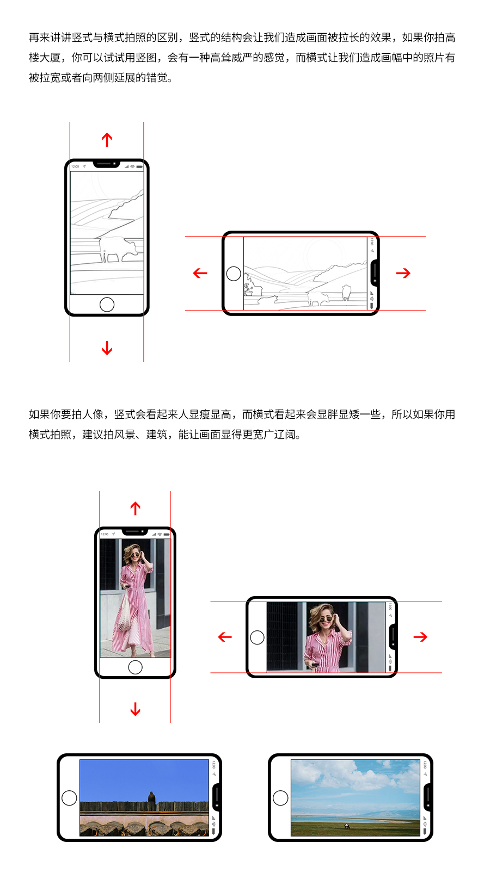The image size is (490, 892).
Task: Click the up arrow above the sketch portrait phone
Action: [x=107, y=140]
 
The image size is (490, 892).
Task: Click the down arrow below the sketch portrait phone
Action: [x=107, y=348]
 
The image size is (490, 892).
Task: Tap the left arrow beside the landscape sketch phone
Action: [x=200, y=273]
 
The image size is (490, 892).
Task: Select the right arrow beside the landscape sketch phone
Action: [x=403, y=273]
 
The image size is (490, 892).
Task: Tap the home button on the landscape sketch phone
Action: [x=234, y=274]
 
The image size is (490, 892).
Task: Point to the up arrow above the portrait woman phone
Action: [x=136, y=508]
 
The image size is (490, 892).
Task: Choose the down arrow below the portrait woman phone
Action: [x=136, y=709]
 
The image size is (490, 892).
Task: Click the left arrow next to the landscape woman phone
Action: [x=225, y=637]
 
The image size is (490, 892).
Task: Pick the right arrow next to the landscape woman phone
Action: [x=420, y=637]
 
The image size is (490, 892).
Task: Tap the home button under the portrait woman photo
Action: [x=135, y=667]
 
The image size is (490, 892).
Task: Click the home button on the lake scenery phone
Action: [x=280, y=798]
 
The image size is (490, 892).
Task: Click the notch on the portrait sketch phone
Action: [x=107, y=164]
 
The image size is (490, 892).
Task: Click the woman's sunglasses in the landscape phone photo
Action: [x=326, y=620]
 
